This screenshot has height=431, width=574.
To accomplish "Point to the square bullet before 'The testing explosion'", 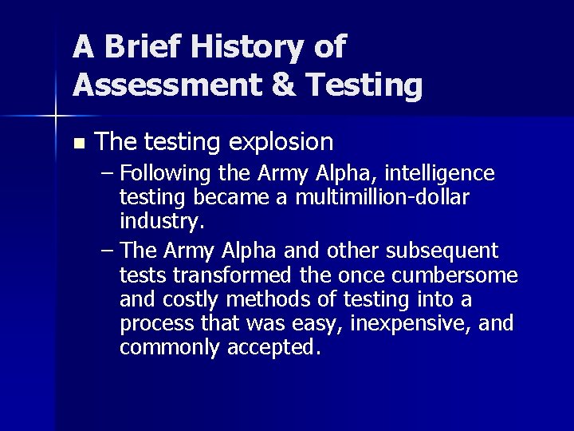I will tap(77, 144).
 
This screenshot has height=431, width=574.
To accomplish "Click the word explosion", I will tap(281, 142).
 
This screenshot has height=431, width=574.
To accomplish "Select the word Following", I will tap(167, 174).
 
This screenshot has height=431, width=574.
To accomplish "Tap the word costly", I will tap(194, 300).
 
